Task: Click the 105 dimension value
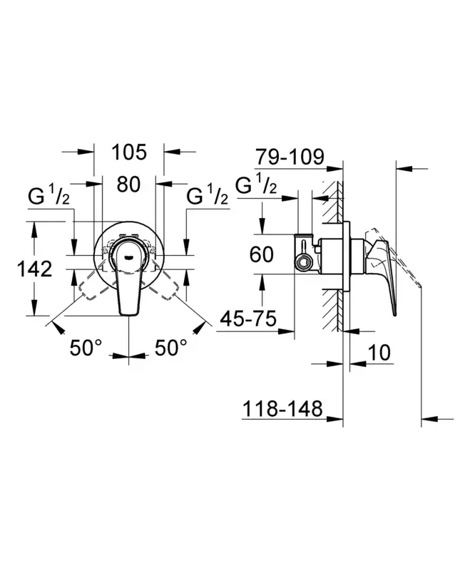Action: coord(129,152)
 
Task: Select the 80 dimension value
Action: coord(128,184)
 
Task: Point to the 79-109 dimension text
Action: coord(290,157)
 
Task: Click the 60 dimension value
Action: coord(262,254)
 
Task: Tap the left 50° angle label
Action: coord(86,348)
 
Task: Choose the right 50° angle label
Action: coord(171,348)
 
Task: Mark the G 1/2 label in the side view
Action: coord(255,187)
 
